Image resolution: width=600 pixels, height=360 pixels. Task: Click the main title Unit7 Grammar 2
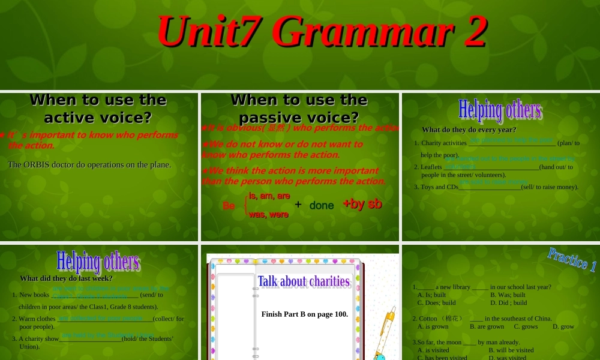tap(321, 31)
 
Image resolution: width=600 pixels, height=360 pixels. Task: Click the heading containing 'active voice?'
tap(98, 108)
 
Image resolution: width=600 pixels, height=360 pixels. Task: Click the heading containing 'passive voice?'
tap(299, 108)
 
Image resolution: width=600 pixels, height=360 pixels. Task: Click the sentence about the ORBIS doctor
tap(89, 164)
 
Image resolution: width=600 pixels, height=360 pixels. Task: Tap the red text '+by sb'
tap(362, 204)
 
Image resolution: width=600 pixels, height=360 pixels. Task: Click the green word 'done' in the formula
tap(322, 205)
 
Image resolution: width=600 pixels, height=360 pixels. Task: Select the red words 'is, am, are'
tap(269, 196)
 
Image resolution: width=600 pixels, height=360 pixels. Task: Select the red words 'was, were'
tap(269, 214)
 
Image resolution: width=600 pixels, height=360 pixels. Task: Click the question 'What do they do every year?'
tap(469, 130)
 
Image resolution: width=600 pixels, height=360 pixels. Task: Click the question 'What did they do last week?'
tap(66, 278)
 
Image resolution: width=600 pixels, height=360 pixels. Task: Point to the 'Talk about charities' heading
tap(304, 281)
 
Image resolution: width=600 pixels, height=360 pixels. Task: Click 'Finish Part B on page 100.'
tap(304, 314)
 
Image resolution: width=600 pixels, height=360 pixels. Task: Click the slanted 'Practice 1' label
tap(572, 259)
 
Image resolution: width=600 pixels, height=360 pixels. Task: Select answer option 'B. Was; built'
tap(508, 295)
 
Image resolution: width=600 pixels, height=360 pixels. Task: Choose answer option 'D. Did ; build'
tap(508, 302)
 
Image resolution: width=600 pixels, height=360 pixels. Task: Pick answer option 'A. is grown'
tap(433, 326)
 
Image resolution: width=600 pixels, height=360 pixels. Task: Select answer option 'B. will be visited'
tap(511, 350)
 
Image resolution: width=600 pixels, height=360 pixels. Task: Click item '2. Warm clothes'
tap(37, 319)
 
